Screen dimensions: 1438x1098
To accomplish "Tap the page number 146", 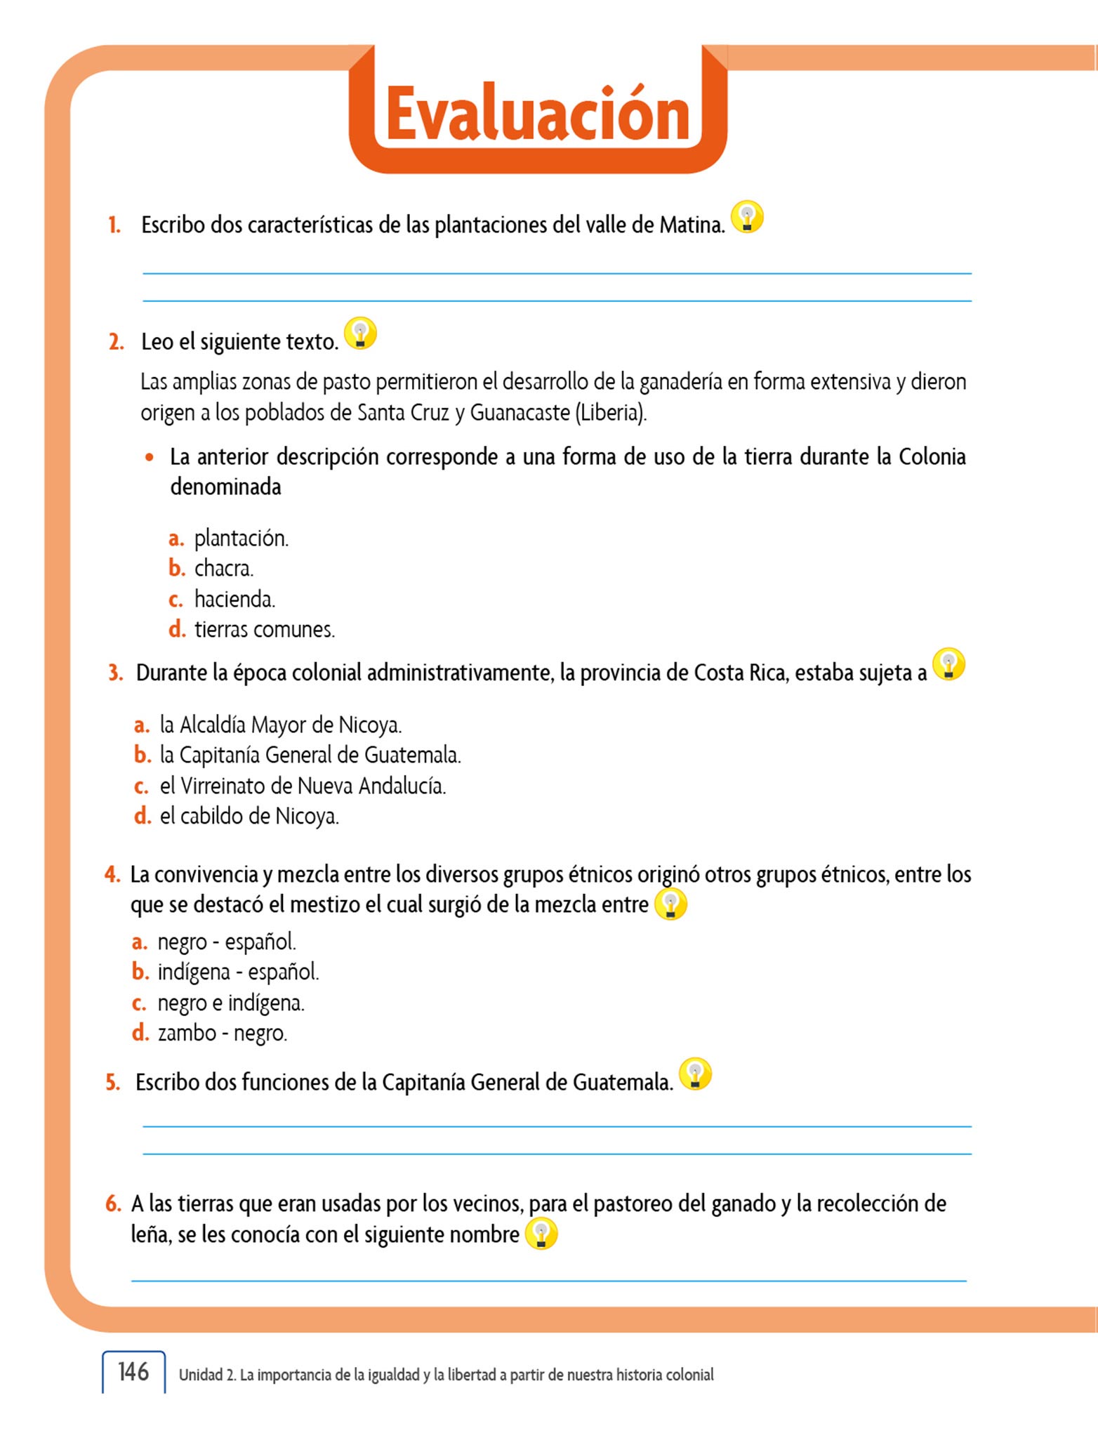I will pyautogui.click(x=133, y=1371).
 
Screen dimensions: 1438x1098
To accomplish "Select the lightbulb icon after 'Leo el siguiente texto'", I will pyautogui.click(x=361, y=333).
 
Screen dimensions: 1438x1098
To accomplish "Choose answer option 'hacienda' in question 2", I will pyautogui.click(x=234, y=599).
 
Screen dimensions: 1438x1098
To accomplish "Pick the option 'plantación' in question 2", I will pyautogui.click(x=241, y=539).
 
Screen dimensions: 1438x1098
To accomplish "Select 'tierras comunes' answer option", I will pyautogui.click(x=264, y=629).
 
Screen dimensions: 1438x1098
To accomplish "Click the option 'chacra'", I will pyautogui.click(x=223, y=568).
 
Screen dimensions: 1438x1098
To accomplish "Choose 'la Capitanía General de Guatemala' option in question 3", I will pyautogui.click(x=310, y=755).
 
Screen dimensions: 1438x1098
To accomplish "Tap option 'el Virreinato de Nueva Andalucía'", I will pyautogui.click(x=303, y=786).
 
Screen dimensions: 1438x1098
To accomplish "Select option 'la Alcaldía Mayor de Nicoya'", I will pyautogui.click(x=280, y=725).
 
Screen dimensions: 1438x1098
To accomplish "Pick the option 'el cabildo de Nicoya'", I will pyautogui.click(x=249, y=816).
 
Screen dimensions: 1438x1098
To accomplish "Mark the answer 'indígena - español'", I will pyautogui.click(x=238, y=972).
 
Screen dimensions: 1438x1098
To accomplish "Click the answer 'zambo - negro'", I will pyautogui.click(x=223, y=1033).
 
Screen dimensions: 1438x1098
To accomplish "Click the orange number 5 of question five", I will pyautogui.click(x=112, y=1082).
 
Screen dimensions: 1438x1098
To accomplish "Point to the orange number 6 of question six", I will pyautogui.click(x=113, y=1203).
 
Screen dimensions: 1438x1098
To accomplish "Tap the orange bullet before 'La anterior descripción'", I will pyautogui.click(x=149, y=457).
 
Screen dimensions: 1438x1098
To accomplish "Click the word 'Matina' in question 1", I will pyautogui.click(x=692, y=225).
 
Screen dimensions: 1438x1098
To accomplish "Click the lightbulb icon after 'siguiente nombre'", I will pyautogui.click(x=541, y=1234).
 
